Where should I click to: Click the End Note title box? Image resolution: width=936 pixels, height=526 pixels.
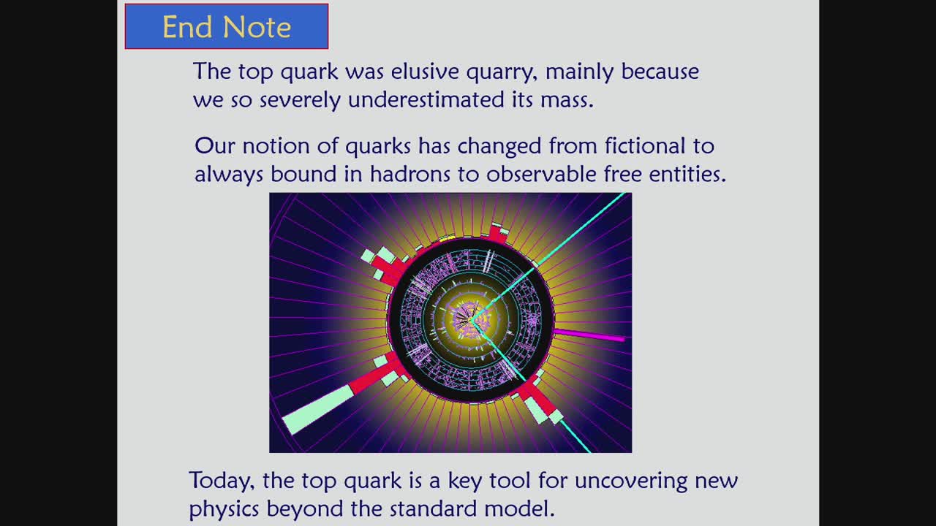(227, 26)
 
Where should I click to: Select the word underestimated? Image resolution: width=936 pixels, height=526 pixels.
(426, 100)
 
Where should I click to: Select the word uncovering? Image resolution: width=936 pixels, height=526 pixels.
(631, 481)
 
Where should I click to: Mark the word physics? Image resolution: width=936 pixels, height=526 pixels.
(224, 509)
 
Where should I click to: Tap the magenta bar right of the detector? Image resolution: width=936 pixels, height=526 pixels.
(589, 335)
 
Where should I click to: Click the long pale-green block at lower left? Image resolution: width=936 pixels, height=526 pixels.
(318, 410)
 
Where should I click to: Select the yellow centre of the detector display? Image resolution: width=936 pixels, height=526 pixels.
(471, 321)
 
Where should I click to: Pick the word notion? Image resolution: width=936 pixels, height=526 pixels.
(276, 147)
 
